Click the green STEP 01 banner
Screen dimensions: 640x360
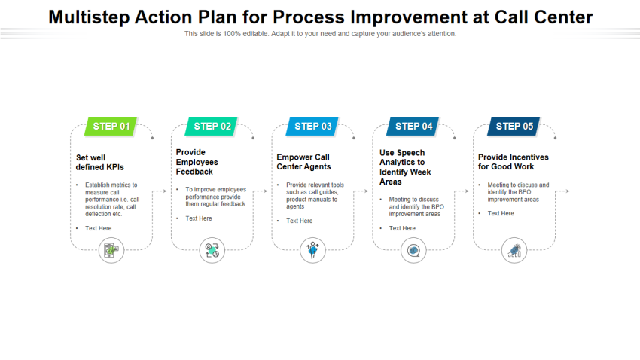(x=111, y=126)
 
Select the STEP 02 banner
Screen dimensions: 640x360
(x=212, y=126)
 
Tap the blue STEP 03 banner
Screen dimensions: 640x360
(x=312, y=126)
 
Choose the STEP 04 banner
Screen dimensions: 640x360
(x=413, y=126)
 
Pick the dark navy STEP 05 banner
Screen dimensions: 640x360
(x=514, y=126)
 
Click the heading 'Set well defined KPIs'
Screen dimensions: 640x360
(x=100, y=163)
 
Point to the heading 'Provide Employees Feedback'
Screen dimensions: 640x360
(x=197, y=162)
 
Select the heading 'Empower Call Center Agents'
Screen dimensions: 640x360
(x=303, y=162)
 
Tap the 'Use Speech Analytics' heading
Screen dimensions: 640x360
(x=405, y=167)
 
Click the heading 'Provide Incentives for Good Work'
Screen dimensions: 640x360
(x=514, y=162)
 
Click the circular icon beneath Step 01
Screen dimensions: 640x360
(x=111, y=250)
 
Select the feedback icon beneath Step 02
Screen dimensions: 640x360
(x=212, y=250)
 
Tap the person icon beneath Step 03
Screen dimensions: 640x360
(x=312, y=250)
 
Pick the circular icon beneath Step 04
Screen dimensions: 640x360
(x=413, y=250)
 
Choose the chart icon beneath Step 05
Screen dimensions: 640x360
(x=514, y=250)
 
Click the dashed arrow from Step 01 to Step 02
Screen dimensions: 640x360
(x=160, y=191)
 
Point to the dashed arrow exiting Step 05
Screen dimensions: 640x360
(x=562, y=191)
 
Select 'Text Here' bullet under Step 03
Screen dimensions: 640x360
(x=299, y=221)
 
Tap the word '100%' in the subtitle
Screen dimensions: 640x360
(x=232, y=34)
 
